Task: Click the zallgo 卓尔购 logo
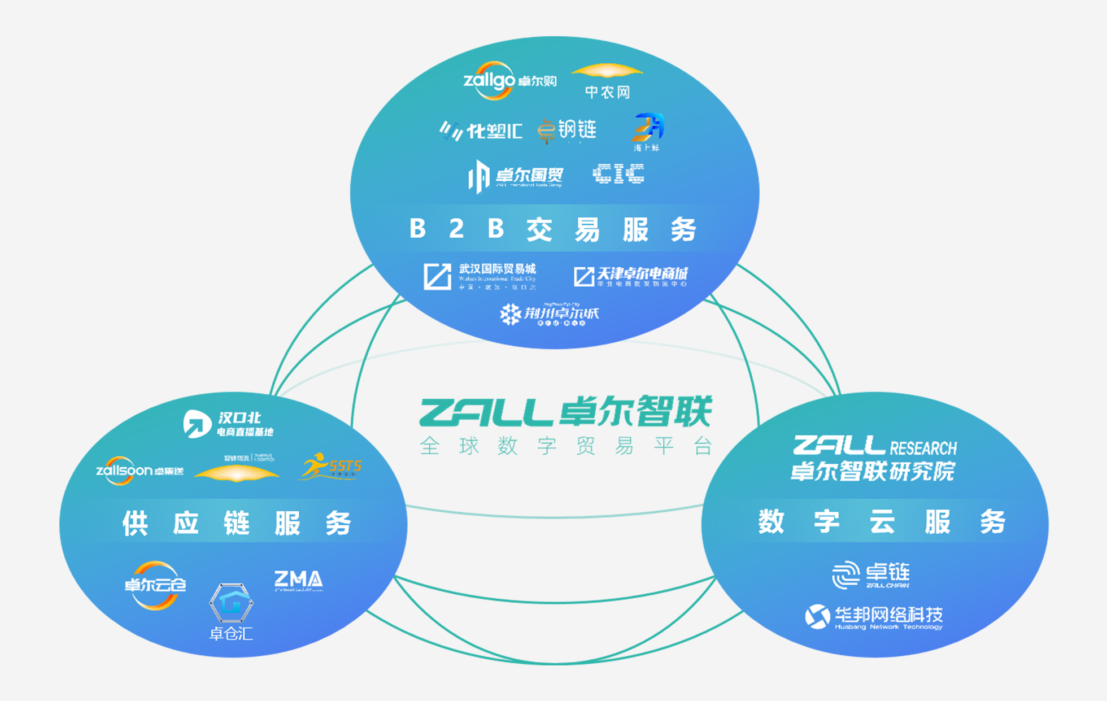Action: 509,81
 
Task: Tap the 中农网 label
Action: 607,92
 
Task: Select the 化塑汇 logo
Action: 481,131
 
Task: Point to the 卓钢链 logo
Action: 567,130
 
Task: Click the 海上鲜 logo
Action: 647,132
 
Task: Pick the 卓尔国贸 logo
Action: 516,176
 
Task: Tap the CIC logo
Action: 618,174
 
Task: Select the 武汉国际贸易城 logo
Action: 480,276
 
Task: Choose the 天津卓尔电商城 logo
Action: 631,277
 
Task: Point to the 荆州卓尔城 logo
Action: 550,315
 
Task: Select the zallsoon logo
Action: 140,471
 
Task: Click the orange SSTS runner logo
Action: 331,467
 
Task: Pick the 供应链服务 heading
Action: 237,523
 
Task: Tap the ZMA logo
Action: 298,580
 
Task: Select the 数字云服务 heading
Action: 882,521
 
